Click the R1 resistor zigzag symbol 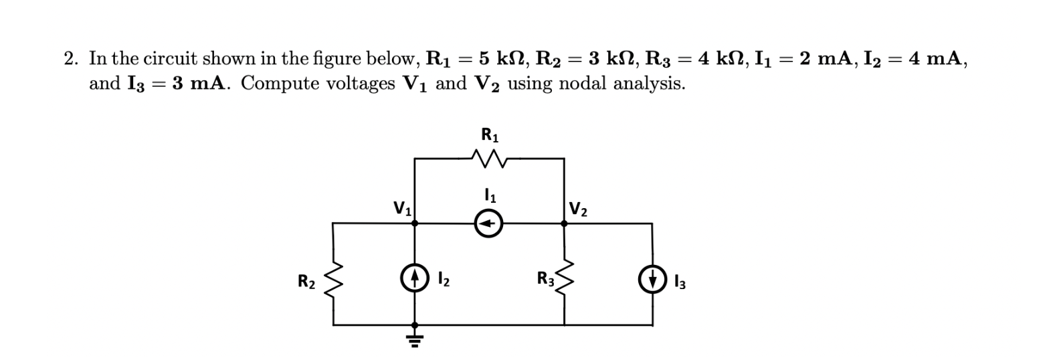[489, 159]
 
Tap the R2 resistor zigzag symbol [333, 281]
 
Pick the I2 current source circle [414, 276]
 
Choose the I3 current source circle [652, 281]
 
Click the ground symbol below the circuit [415, 338]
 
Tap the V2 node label [578, 209]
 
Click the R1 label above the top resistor [490, 134]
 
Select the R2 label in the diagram [306, 282]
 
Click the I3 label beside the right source [679, 282]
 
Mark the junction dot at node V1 [415, 224]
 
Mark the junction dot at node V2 [564, 224]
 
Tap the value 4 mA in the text [939, 59]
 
